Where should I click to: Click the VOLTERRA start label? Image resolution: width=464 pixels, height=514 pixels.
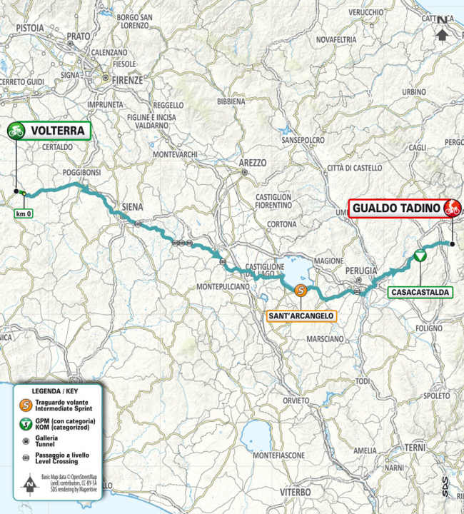57,131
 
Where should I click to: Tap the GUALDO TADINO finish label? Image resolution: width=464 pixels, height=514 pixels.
395,209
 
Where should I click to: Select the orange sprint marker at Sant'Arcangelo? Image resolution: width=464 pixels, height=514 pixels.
301,290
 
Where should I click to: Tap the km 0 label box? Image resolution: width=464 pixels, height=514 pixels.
22,213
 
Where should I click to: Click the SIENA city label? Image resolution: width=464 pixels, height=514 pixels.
132,207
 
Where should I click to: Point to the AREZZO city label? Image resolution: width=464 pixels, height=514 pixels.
252,163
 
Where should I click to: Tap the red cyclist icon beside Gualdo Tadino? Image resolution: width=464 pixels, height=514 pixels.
451,209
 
